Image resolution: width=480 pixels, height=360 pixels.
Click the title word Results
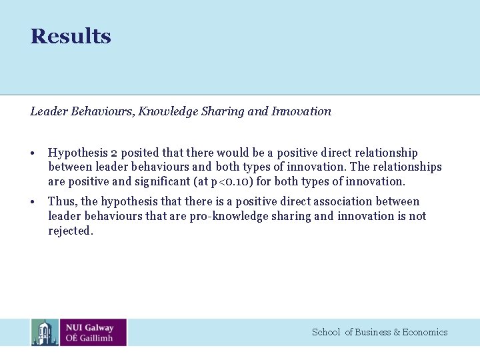pos(71,36)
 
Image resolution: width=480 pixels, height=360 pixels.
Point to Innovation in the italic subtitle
pos(301,111)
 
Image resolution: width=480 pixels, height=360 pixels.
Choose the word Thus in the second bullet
pos(62,201)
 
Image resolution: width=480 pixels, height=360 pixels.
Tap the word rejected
pos(71,231)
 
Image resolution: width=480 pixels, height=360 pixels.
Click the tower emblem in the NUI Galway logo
pos(45,332)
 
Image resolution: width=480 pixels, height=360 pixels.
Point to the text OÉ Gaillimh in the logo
pos(89,338)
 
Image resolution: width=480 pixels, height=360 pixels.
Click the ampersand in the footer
pos(397,332)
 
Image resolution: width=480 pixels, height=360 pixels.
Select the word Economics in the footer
pos(425,332)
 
